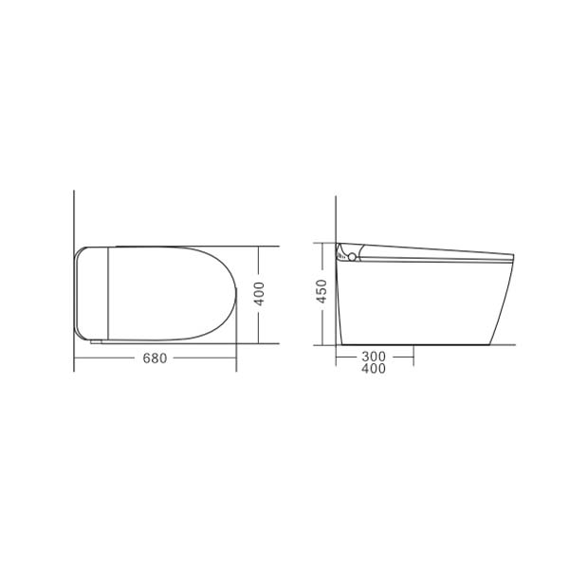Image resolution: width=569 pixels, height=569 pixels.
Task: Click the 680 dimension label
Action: [156, 358]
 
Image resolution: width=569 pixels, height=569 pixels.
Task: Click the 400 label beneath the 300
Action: [374, 370]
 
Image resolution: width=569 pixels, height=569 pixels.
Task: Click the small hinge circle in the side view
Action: [351, 256]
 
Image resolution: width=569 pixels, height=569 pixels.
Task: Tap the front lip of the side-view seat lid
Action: [512, 254]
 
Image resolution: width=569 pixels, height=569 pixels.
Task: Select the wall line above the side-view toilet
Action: [338, 218]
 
